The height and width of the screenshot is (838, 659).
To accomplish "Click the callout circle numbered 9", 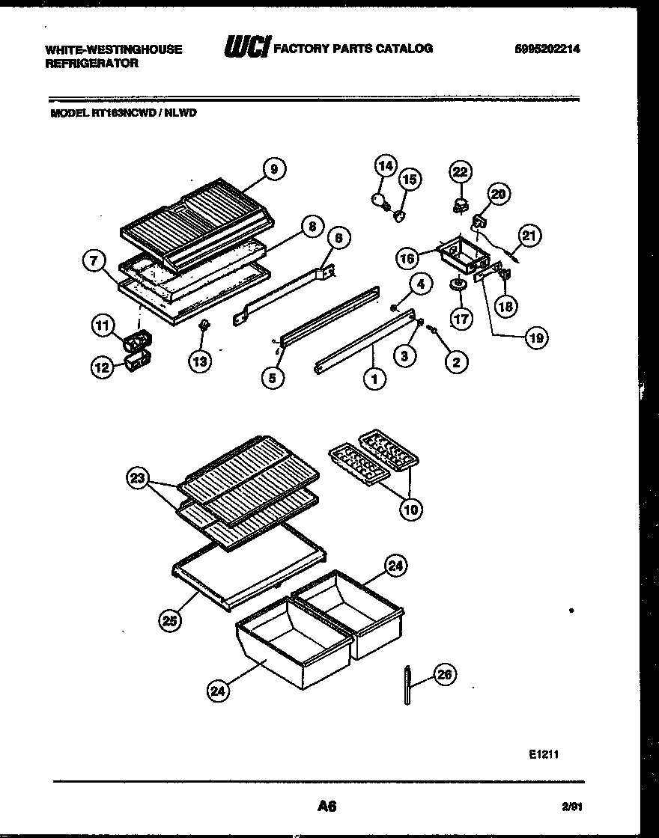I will pos(274,170).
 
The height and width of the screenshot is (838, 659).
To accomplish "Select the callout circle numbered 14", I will pos(385,166).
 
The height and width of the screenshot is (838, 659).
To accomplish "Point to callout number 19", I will pos(536,337).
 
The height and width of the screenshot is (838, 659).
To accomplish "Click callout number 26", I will pos(444,675).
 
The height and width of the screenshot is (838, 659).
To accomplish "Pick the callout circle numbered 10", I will pos(410,510).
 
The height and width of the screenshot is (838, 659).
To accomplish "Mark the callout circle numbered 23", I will pos(137,480).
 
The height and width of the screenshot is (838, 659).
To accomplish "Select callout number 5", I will pos(273,379).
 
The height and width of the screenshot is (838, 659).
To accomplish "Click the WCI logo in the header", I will pos(247,49).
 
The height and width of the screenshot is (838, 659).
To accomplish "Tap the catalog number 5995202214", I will pos(548,49).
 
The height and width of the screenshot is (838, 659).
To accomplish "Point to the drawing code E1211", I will pos(543,755).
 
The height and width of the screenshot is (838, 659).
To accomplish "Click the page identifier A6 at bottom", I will pos(327,806).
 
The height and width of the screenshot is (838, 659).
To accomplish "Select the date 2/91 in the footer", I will pos(571,806).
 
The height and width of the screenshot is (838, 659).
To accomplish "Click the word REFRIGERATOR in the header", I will pos(91,64).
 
